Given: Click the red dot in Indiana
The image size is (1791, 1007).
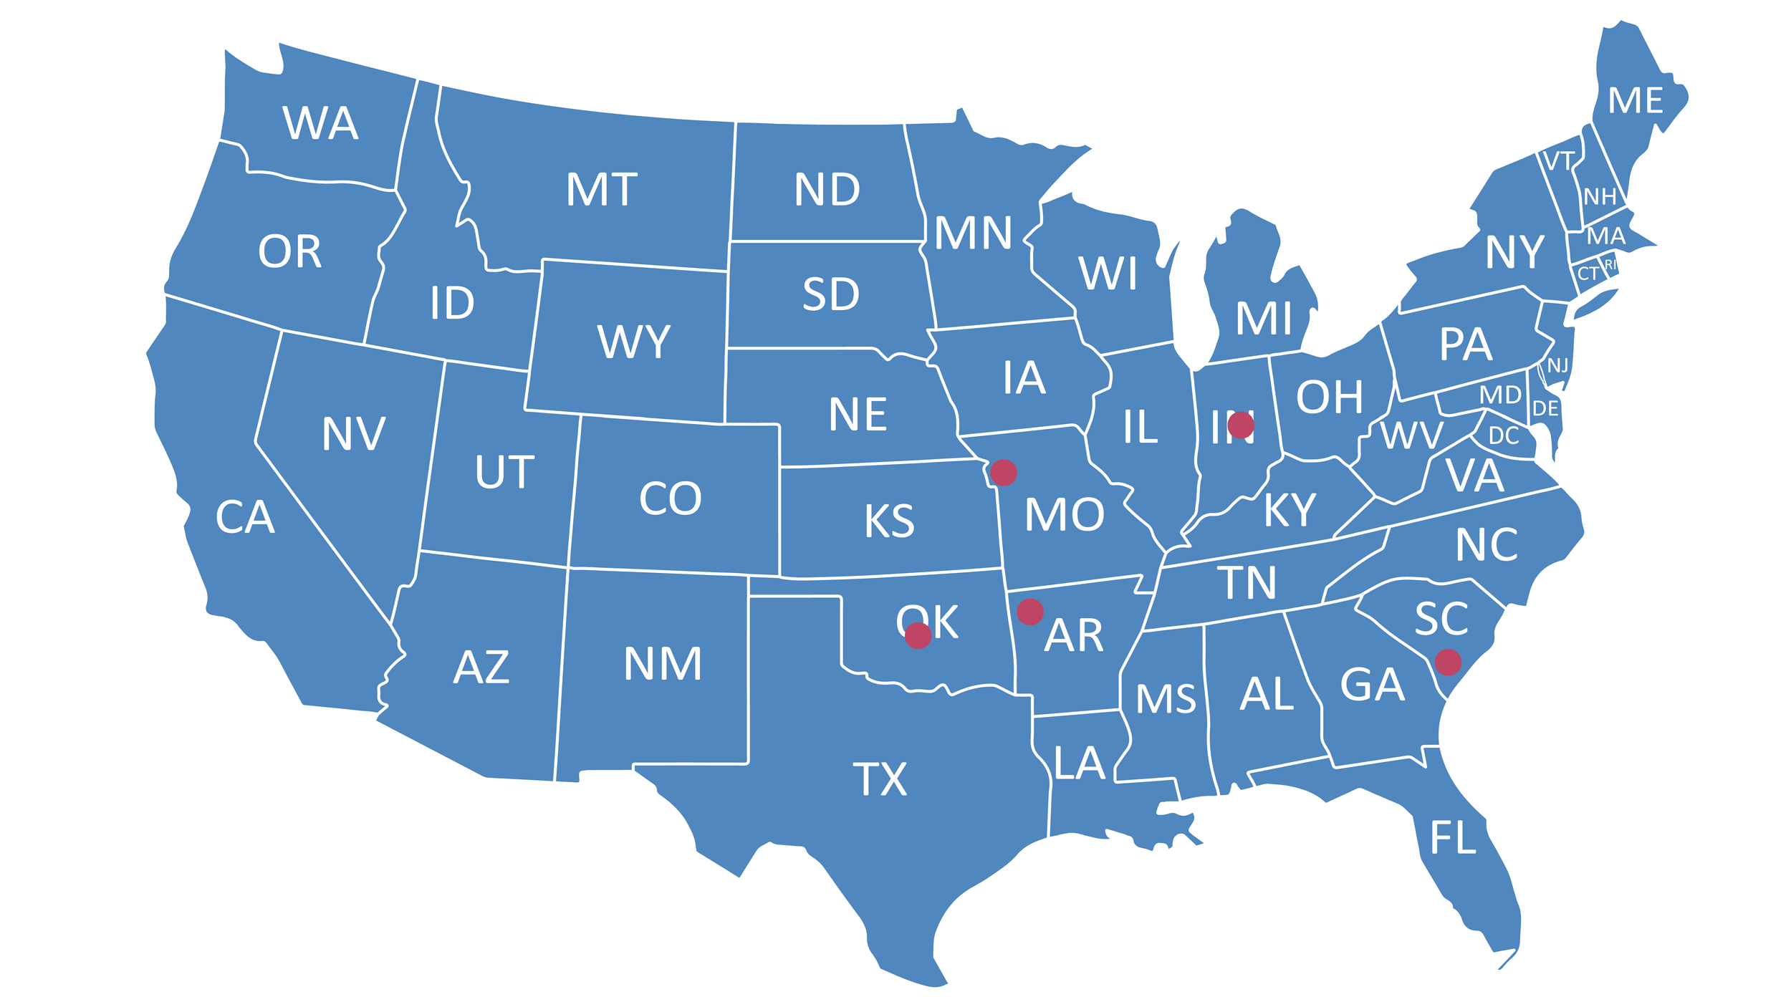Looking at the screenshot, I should (1241, 425).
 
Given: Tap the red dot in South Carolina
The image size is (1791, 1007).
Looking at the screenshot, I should (1448, 662).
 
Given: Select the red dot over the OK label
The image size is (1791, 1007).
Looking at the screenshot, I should (918, 635).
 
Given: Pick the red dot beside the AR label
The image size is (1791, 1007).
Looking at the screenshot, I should (1030, 612).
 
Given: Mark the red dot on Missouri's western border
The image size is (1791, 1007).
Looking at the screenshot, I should (1003, 473).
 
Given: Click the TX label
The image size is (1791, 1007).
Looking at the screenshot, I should (880, 779).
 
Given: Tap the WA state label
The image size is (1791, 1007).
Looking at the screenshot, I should (320, 123).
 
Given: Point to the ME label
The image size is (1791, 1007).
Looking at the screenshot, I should (1636, 101).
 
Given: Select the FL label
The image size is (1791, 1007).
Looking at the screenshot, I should (1453, 838).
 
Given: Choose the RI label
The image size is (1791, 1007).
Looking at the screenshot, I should (1610, 264).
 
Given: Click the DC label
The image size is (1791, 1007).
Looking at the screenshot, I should (1503, 435).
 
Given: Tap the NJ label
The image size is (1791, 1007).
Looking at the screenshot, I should (1557, 366).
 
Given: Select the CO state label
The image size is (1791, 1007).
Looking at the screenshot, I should (670, 499).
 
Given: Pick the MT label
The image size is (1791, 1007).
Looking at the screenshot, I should (601, 190).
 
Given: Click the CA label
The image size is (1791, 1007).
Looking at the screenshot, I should (245, 517).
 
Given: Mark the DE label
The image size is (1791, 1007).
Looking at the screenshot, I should (1545, 409).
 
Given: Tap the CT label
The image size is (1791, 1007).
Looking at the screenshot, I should (1588, 274).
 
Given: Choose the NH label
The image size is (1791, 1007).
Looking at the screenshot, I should (1600, 197).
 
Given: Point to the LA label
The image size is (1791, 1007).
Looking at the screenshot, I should (1080, 763).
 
